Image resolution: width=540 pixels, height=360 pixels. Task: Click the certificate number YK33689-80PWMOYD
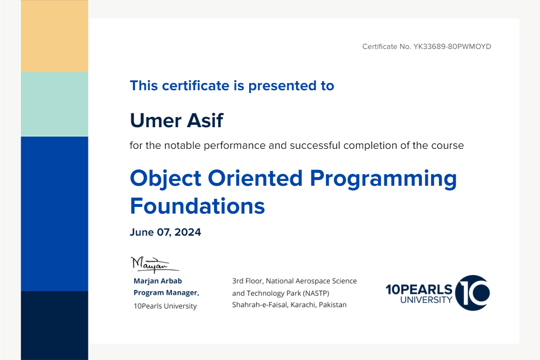tap(452, 47)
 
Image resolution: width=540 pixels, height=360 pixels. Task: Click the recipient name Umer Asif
tap(177, 120)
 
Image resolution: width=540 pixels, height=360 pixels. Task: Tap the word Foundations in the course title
tap(197, 206)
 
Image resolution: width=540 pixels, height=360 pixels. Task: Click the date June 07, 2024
tap(165, 232)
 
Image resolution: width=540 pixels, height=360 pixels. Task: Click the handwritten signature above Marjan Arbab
tap(155, 264)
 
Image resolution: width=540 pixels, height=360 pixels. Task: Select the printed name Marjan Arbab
tap(158, 281)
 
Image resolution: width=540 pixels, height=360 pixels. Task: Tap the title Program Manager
tap(167, 293)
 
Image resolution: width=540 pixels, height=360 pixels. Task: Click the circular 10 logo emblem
tap(472, 293)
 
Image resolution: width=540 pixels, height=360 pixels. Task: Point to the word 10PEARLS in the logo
tap(419, 289)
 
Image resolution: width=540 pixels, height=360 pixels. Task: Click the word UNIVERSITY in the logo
tap(426, 300)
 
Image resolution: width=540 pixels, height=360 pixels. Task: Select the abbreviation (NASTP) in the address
tap(316, 293)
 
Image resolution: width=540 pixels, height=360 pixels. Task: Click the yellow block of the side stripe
tap(54, 36)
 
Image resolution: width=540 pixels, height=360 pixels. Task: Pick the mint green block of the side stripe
tap(54, 104)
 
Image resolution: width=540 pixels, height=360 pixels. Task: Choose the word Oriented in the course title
tap(255, 178)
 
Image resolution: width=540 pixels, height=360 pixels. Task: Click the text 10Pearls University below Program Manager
tap(165, 306)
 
